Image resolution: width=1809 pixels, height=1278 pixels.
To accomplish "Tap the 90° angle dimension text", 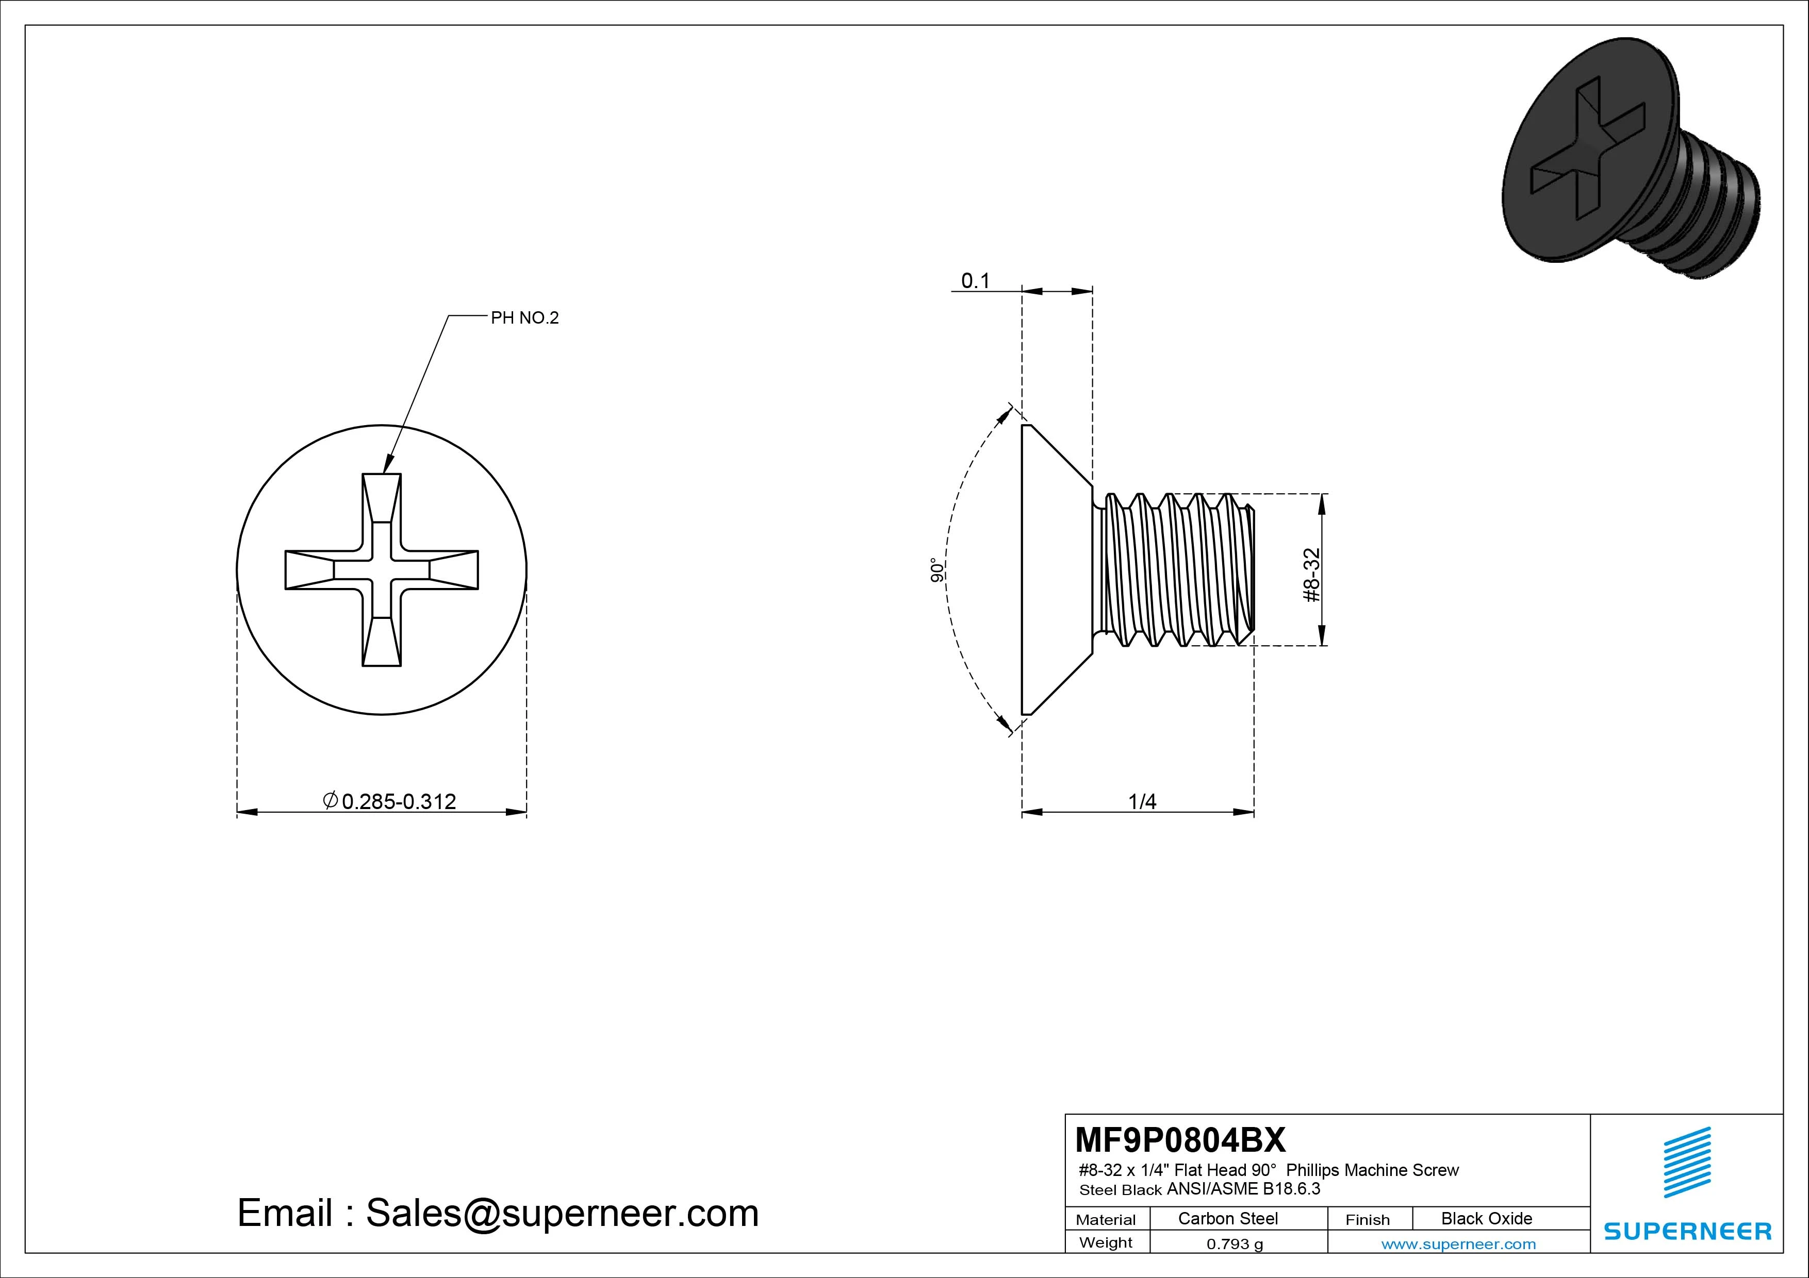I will click(937, 571).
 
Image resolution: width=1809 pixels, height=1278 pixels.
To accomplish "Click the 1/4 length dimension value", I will click(1142, 802).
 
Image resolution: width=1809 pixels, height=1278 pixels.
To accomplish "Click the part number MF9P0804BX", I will click(1179, 1139).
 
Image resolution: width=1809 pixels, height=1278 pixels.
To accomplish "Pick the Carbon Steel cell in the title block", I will click(1227, 1218).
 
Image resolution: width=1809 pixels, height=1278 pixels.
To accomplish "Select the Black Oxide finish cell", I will click(1486, 1218).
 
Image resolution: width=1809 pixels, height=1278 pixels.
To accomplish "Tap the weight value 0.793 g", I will click(1235, 1244).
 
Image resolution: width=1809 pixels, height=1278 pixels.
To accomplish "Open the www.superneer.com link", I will click(1458, 1244).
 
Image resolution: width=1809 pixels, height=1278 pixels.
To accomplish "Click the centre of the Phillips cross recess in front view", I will click(381, 570).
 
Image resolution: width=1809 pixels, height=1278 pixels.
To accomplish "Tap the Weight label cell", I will click(1106, 1242).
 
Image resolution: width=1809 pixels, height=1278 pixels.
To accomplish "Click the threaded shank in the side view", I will click(1174, 570).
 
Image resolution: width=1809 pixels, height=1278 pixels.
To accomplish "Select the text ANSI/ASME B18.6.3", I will click(1243, 1189).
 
